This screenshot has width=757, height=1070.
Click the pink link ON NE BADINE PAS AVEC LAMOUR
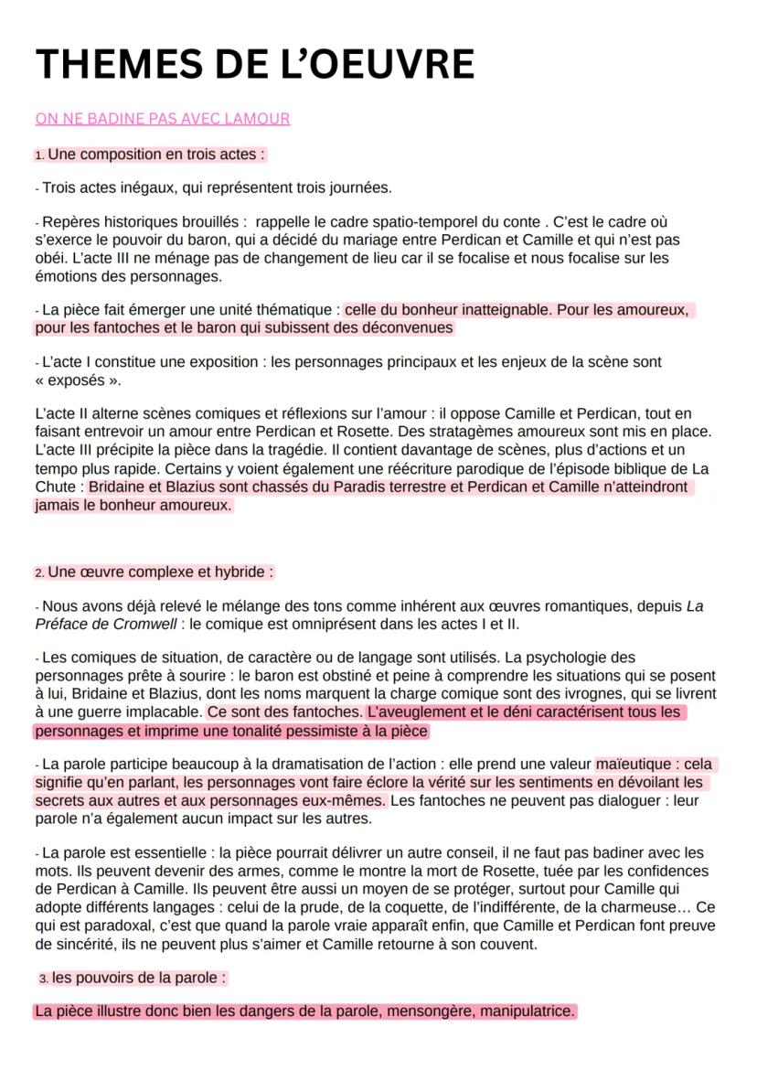click(162, 119)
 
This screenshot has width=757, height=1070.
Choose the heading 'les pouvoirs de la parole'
click(138, 978)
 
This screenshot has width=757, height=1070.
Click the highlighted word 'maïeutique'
click(632, 765)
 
